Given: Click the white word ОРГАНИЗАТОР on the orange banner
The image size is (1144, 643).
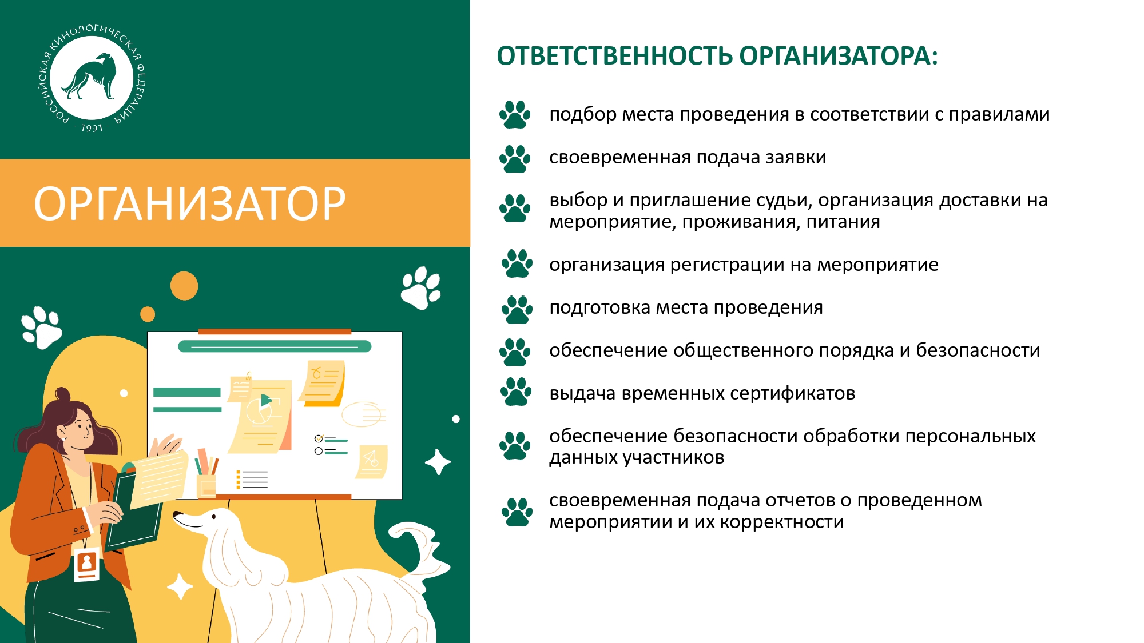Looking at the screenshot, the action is pyautogui.click(x=190, y=204).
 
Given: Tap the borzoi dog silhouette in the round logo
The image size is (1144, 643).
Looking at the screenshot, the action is pyautogui.click(x=90, y=77).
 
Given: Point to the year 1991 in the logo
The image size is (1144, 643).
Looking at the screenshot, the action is pyautogui.click(x=92, y=128).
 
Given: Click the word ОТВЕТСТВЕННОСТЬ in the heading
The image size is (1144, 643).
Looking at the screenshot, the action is pyautogui.click(x=614, y=56).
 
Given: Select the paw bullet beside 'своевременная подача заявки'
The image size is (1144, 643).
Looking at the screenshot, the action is pyautogui.click(x=515, y=158).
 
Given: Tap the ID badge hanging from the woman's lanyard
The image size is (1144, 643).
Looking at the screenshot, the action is pyautogui.click(x=87, y=564).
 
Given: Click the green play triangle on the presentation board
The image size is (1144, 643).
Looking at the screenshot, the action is pyautogui.click(x=266, y=400).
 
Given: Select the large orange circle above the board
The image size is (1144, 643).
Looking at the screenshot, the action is pyautogui.click(x=184, y=286).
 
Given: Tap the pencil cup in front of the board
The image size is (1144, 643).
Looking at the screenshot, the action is pyautogui.click(x=206, y=486).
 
